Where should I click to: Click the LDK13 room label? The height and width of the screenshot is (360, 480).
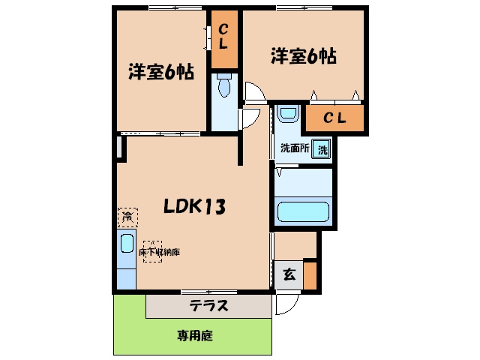tap(195, 205)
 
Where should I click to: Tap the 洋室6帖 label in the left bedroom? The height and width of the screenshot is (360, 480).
tap(161, 72)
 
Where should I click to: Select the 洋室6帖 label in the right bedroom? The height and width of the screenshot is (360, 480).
tap(304, 56)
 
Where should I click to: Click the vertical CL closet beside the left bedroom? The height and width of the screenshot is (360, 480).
tap(225, 40)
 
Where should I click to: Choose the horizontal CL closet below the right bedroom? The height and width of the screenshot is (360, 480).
tap(334, 118)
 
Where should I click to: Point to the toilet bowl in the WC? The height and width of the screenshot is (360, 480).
tap(224, 86)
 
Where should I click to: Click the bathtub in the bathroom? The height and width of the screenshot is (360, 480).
tap(303, 211)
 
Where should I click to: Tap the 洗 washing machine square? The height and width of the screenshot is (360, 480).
tap(321, 149)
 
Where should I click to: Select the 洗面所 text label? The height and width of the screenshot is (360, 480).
tap(295, 148)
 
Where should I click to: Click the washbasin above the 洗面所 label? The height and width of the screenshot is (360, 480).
tap(287, 113)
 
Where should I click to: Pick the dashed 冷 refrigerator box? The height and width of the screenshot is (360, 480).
tap(127, 217)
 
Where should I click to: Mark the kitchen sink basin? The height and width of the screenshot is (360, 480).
tap(127, 243)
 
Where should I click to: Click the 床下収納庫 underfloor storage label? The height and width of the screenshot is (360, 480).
tap(159, 252)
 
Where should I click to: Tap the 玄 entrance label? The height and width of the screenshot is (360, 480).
tap(289, 274)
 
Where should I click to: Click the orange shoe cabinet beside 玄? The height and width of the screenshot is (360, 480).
tap(310, 275)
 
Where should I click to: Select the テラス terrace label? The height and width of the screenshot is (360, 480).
tap(209, 305)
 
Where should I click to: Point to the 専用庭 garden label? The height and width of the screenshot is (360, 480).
tap(195, 336)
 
